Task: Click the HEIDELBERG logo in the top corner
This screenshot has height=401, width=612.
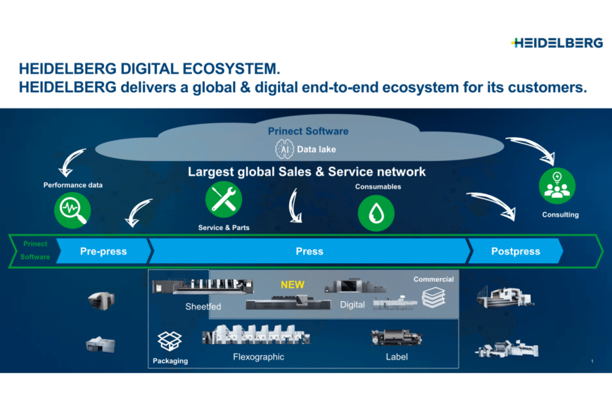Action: click(x=557, y=43)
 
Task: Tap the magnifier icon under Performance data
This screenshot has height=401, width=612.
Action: click(x=73, y=209)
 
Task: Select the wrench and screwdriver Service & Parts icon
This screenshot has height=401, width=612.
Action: click(x=223, y=200)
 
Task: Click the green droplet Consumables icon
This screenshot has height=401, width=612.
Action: click(x=376, y=213)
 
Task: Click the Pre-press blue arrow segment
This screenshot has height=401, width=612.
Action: click(x=103, y=251)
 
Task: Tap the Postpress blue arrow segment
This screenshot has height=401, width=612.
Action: click(x=516, y=251)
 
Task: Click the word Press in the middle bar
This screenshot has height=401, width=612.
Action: click(x=310, y=251)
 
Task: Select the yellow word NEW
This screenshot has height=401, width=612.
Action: click(x=293, y=285)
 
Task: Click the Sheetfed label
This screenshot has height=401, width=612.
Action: click(x=203, y=306)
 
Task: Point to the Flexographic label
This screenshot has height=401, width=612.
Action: click(x=259, y=357)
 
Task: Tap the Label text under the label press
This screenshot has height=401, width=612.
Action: click(x=397, y=357)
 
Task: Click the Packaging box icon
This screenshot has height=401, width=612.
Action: click(x=170, y=341)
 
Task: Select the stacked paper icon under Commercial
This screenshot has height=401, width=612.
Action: click(x=434, y=297)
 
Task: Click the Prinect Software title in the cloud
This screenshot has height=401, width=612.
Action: click(x=308, y=131)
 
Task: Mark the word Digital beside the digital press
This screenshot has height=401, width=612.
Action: click(x=352, y=305)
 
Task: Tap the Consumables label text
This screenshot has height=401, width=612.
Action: click(x=378, y=187)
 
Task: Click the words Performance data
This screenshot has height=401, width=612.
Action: click(x=73, y=185)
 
